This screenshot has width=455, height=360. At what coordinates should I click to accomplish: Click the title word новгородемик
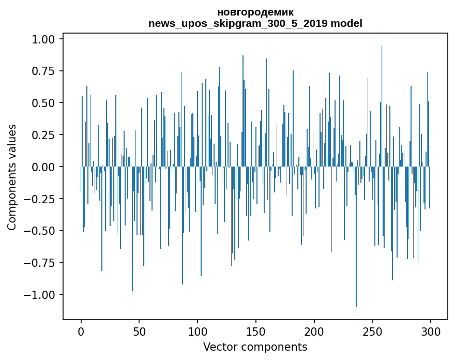click(x=255, y=12)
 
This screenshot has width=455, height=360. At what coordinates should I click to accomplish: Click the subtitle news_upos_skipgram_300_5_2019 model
click(x=255, y=23)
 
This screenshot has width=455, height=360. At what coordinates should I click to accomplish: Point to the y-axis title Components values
click(x=12, y=177)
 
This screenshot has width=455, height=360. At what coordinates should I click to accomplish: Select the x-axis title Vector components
click(x=255, y=347)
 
